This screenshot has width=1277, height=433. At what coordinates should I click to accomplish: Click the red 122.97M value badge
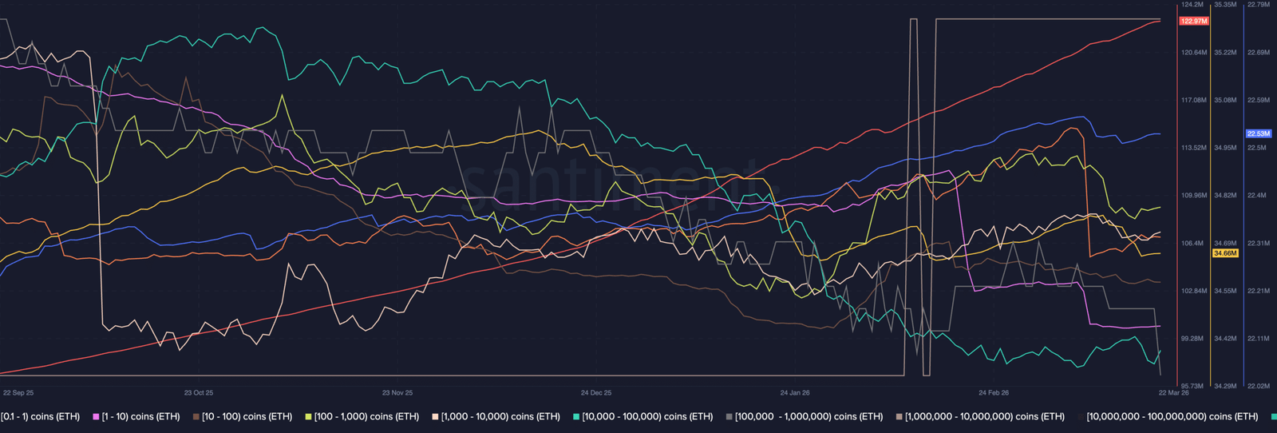click(x=1194, y=22)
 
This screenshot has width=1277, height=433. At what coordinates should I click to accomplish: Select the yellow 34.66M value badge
click(x=1225, y=253)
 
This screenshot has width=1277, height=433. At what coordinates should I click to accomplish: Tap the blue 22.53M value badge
click(x=1259, y=133)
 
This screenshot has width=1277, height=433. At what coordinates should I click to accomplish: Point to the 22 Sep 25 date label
click(x=18, y=393)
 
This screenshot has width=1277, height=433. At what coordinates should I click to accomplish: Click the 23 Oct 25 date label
click(x=199, y=393)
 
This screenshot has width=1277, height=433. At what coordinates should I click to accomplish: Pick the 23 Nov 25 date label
click(x=397, y=393)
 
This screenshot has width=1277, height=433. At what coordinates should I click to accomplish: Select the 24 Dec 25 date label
click(x=596, y=393)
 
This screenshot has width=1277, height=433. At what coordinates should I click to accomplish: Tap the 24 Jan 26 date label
click(x=795, y=393)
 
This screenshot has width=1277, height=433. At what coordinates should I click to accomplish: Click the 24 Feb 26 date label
click(x=994, y=393)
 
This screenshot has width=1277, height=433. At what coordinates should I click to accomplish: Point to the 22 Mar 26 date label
click(x=1174, y=393)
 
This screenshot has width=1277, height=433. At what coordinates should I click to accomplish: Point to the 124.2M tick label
click(x=1192, y=5)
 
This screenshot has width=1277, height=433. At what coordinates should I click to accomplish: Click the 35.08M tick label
click(x=1225, y=101)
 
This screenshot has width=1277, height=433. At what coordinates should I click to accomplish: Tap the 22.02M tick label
click(x=1258, y=387)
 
